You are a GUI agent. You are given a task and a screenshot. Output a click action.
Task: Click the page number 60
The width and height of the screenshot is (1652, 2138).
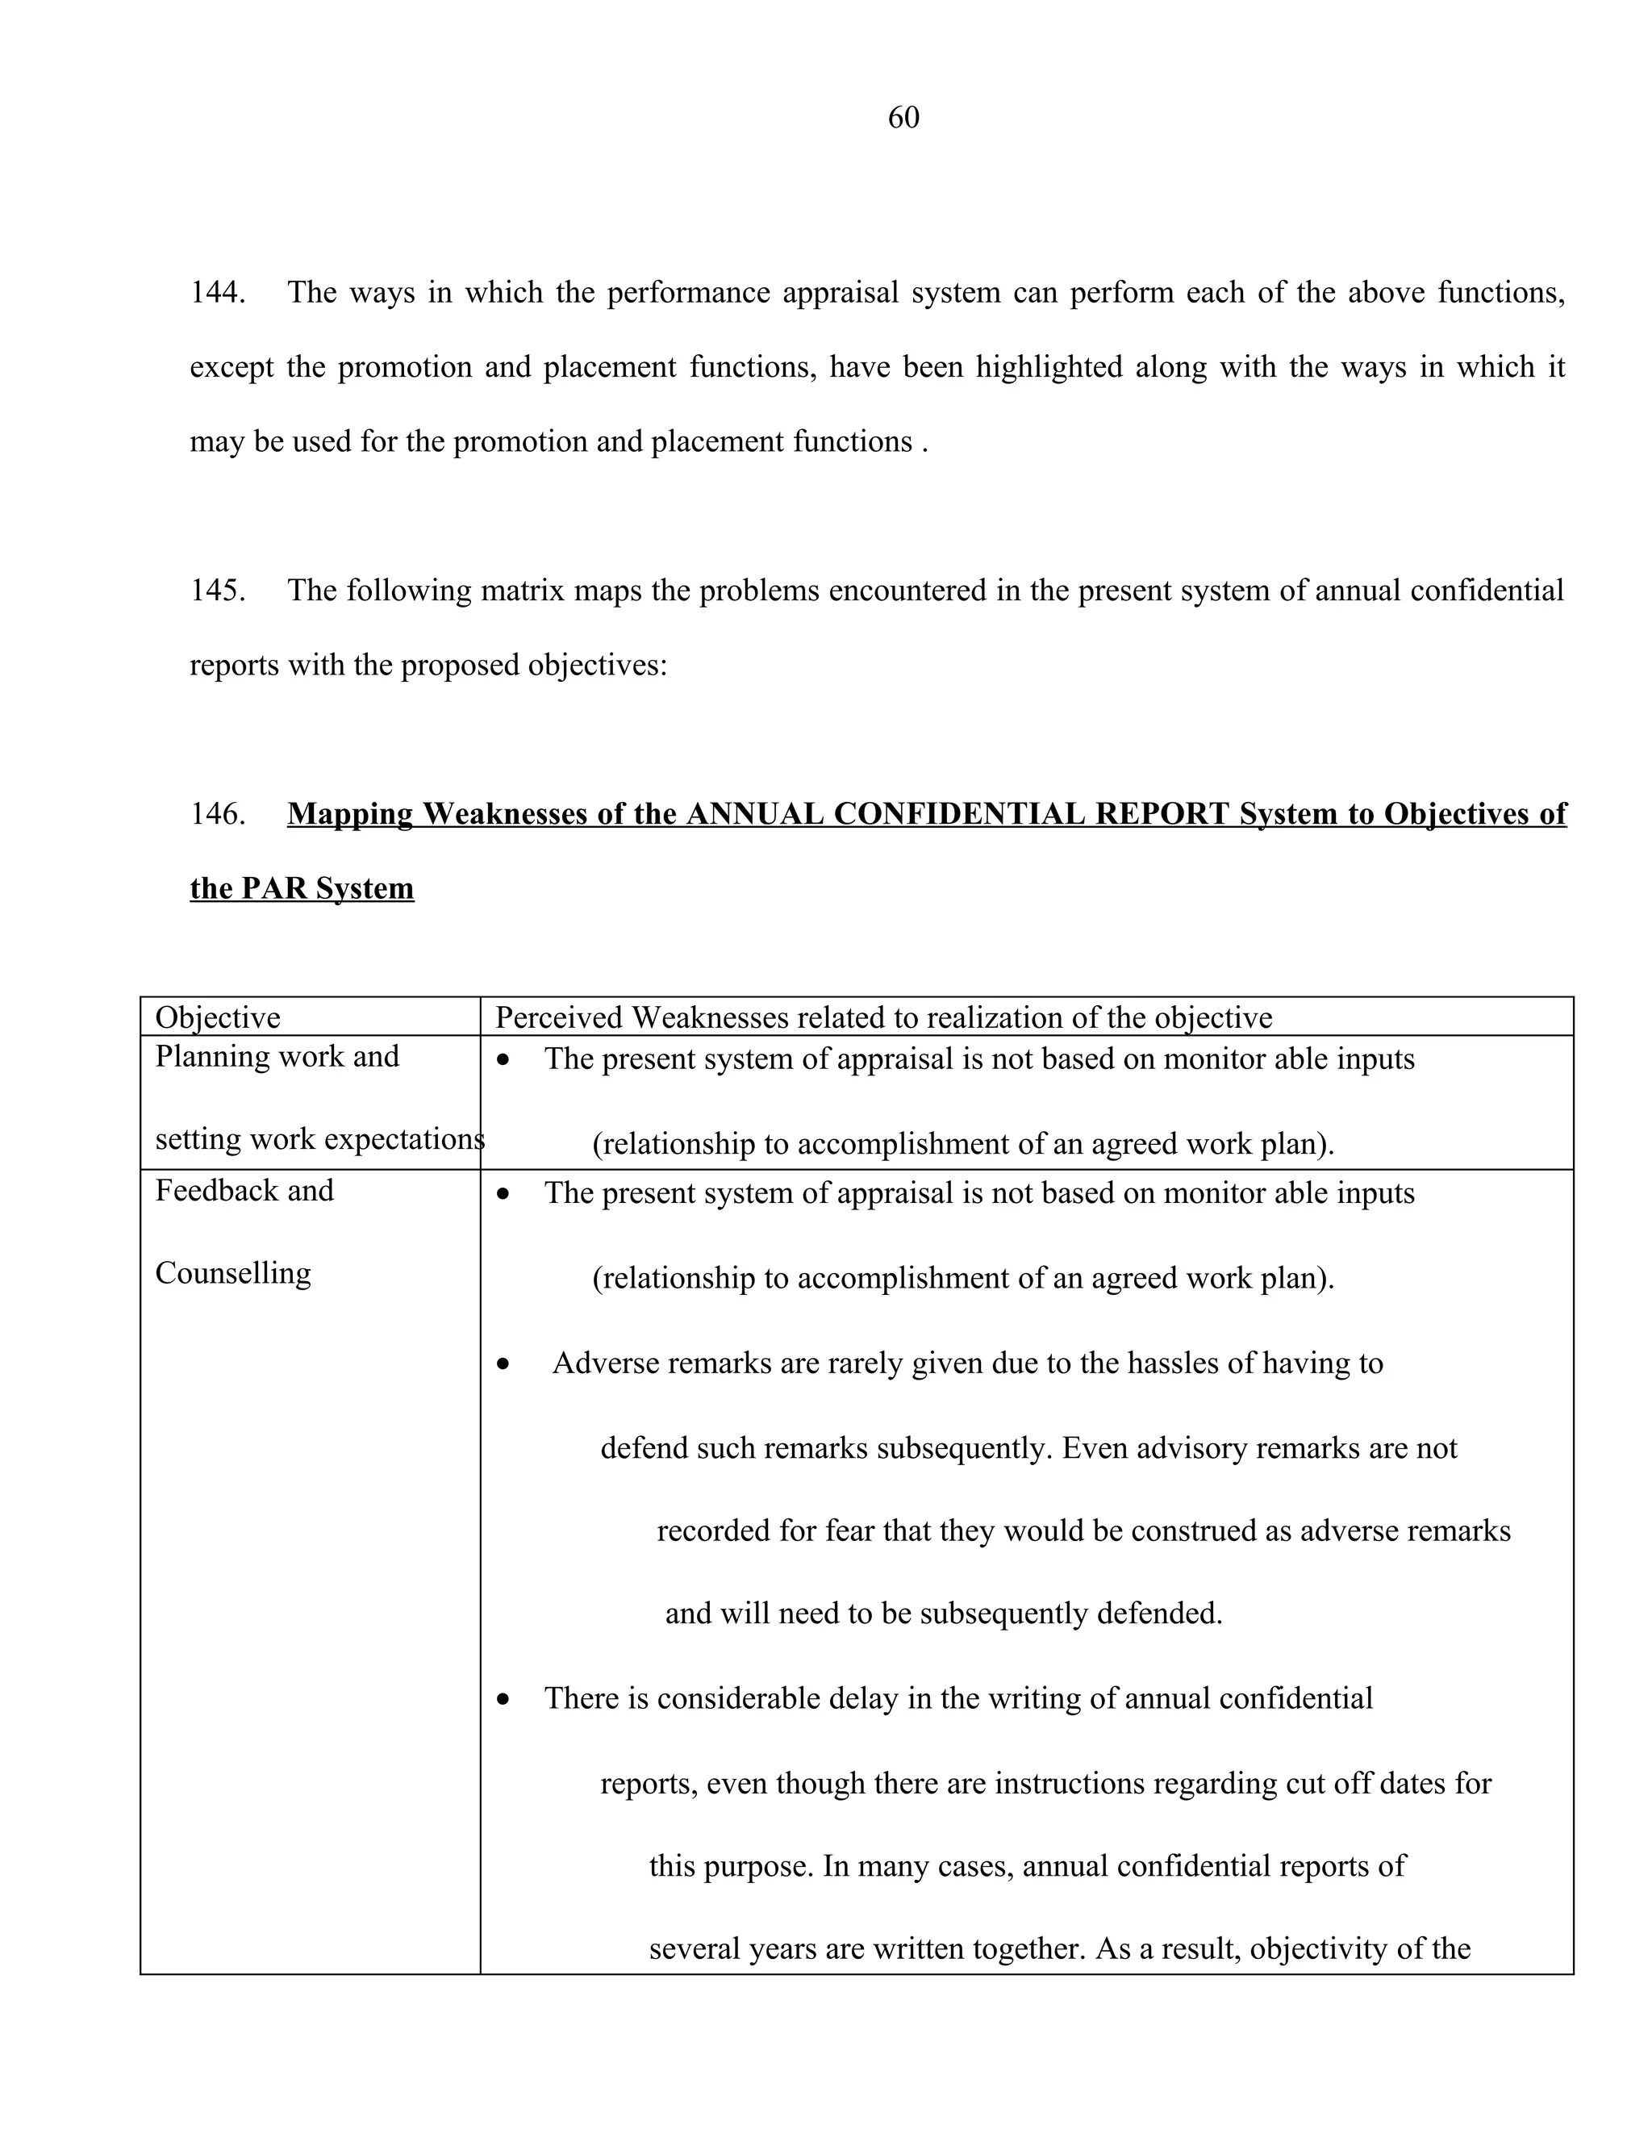click(x=903, y=118)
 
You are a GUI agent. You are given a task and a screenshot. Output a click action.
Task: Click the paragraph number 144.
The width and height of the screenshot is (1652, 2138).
click(x=216, y=293)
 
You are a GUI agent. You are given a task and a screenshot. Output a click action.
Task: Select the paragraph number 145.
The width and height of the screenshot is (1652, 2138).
click(x=216, y=591)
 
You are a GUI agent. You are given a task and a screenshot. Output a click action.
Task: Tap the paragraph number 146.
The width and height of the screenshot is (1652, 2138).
click(x=216, y=813)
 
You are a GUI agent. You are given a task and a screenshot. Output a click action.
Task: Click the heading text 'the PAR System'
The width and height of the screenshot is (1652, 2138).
click(x=302, y=888)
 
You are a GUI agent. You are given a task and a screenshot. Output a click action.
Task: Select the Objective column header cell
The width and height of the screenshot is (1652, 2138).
click(x=217, y=1017)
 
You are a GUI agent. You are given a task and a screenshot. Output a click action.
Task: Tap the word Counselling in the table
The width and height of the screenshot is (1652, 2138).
click(x=233, y=1272)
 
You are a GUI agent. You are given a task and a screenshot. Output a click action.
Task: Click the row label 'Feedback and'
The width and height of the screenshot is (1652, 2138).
click(x=244, y=1190)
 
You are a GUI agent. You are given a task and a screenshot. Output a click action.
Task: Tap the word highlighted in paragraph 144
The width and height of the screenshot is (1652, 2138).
click(x=1049, y=367)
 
